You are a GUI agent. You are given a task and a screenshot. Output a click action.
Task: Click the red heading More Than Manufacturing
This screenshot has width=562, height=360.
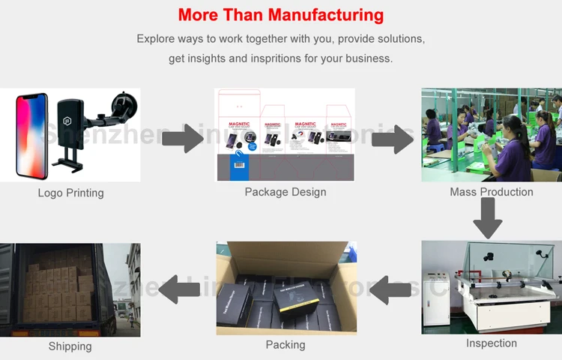[x=281, y=15]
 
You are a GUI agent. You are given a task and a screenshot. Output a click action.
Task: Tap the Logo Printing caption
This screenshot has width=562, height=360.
[x=70, y=193]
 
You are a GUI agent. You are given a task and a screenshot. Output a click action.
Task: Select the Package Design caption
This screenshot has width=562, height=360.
[x=285, y=192]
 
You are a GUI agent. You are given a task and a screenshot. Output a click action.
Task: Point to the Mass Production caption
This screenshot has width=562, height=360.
[x=492, y=192]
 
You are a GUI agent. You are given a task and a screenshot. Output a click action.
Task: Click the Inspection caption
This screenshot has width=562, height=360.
[x=492, y=343]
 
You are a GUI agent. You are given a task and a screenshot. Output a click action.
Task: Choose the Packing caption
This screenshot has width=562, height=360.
[x=285, y=345]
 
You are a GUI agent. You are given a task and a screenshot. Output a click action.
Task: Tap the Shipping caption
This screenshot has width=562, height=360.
[x=70, y=346]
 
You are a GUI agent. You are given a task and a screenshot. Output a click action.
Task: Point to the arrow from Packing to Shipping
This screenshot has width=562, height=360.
[x=178, y=288]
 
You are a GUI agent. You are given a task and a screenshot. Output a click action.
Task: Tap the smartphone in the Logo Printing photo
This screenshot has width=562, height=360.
[x=31, y=135]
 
